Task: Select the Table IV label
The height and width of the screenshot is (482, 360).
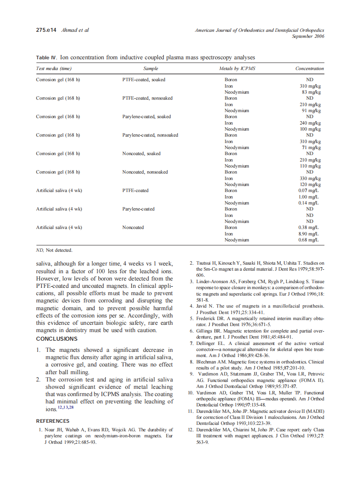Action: (46, 58)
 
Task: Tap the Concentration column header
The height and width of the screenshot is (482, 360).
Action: (309, 68)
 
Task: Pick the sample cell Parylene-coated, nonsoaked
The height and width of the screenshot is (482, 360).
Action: (150, 135)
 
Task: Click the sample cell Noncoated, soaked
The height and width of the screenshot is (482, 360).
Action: (141, 153)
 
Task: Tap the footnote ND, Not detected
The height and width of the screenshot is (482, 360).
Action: (54, 250)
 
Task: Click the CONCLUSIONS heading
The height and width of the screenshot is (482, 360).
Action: (57, 339)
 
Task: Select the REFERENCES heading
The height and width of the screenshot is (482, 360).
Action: (52, 421)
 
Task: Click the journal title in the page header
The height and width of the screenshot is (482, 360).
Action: (259, 31)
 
